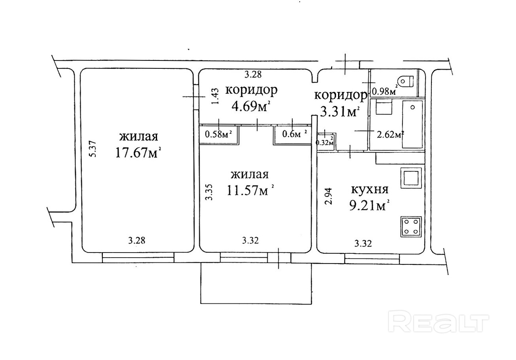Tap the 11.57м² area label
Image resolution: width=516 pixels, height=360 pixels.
251,191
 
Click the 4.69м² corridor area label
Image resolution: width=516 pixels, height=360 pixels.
251,107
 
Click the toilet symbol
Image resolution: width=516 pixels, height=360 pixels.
406,81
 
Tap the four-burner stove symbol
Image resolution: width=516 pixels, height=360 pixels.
411,227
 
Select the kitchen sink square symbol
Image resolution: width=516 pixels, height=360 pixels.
411,178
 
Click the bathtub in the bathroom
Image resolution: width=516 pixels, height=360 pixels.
412,124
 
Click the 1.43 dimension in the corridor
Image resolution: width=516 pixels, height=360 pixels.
214,96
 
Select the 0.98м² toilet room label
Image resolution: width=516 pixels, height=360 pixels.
384,91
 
